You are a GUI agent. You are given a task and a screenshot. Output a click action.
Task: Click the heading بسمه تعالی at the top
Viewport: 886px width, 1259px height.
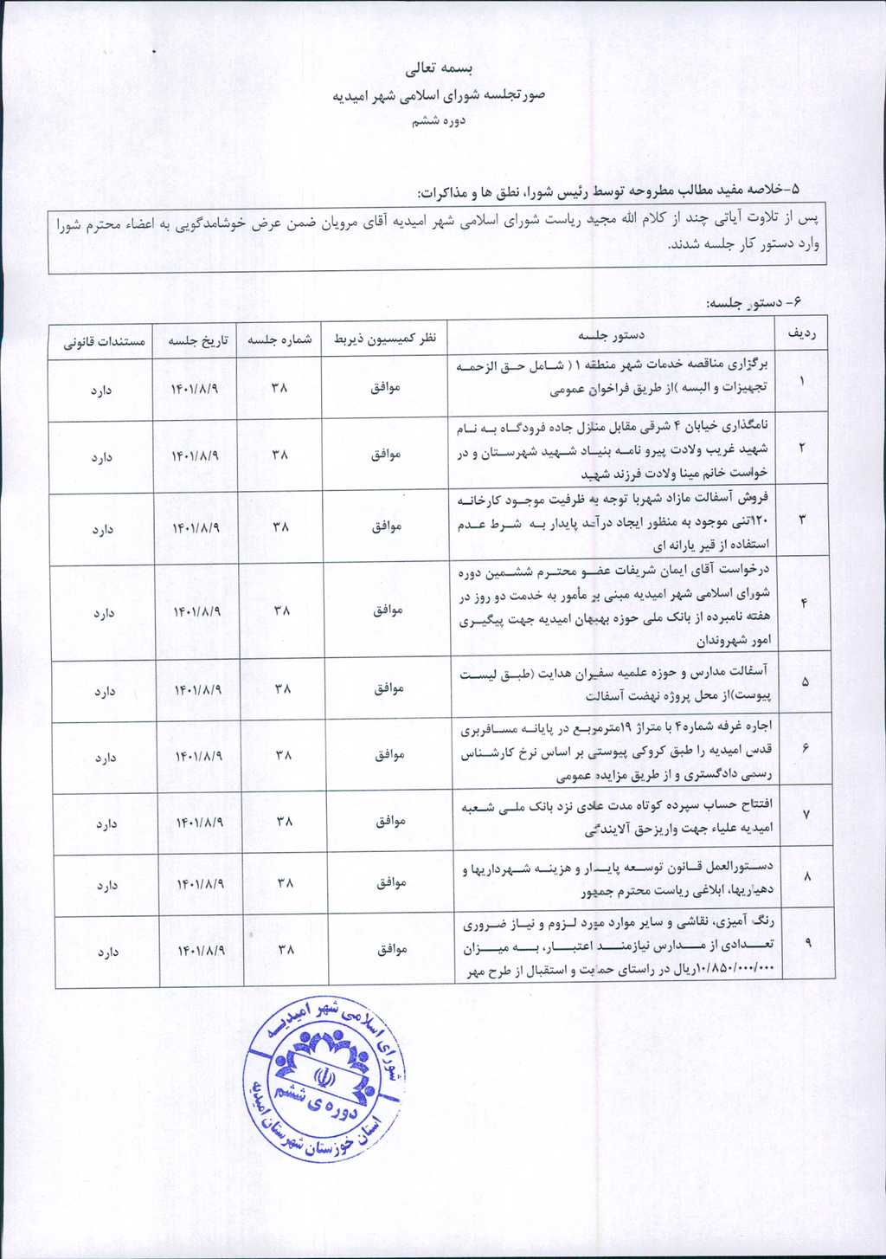442,68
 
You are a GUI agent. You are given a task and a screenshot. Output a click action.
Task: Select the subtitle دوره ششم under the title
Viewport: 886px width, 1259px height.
438,121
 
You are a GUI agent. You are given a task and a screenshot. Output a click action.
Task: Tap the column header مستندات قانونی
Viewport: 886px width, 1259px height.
103,341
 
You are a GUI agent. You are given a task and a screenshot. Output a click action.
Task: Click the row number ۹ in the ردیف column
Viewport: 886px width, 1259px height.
808,944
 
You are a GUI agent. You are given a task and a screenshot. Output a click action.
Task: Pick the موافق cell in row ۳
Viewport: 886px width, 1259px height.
386,526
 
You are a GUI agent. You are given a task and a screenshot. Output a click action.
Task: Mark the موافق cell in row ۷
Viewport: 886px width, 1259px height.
390,820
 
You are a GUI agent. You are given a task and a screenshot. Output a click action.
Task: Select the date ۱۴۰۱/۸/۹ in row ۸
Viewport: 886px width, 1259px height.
201,883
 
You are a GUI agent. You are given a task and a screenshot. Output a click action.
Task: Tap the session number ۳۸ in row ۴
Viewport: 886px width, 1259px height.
282,610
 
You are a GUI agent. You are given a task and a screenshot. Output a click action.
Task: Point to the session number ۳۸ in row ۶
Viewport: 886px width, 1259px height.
284,755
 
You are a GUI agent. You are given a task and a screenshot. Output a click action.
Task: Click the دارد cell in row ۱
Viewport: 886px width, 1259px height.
101,391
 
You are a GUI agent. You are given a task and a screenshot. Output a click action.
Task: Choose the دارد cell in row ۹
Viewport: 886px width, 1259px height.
107,952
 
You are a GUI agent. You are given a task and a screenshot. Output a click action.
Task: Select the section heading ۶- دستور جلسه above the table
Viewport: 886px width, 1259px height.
754,304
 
